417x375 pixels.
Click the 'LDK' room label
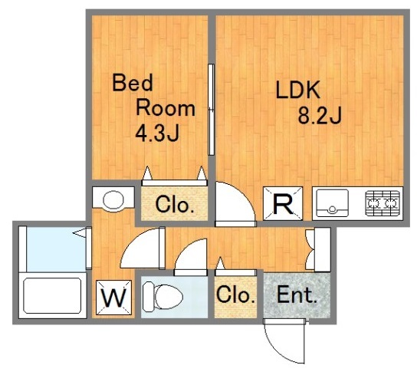297,90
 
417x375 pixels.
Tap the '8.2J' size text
319,116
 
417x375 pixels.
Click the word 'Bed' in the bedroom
133,83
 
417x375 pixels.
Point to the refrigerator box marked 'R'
283,203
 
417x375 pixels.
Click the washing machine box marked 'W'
113,298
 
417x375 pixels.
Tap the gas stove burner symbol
383,203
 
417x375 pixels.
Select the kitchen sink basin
332,202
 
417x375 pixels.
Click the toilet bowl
163,297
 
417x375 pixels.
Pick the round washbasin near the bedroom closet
113,200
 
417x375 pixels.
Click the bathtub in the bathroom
52,296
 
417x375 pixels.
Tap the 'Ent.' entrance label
297,295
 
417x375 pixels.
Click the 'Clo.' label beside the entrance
235,294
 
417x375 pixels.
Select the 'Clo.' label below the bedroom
175,205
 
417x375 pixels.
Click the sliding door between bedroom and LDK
211,110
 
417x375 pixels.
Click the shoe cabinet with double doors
318,250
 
